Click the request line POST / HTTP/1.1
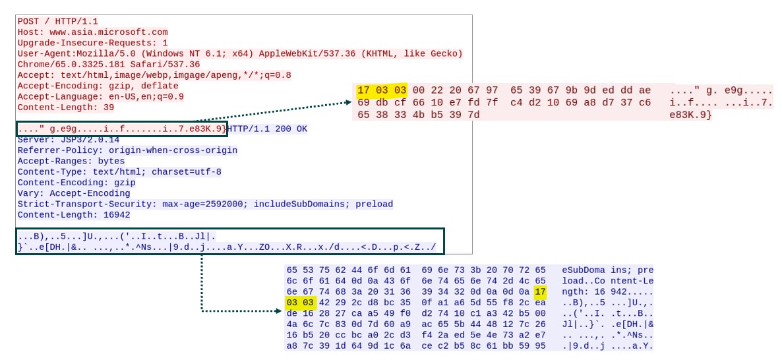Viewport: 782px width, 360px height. pyautogui.click(x=57, y=21)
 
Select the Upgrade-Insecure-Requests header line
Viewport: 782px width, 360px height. pyautogui.click(x=92, y=43)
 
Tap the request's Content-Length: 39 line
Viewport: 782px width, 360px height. pyautogui.click(x=66, y=107)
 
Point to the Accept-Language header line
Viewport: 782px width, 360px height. pyautogui.click(x=100, y=96)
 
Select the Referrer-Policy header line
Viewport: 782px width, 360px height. pyautogui.click(x=127, y=150)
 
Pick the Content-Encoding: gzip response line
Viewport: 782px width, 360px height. pyautogui.click(x=76, y=183)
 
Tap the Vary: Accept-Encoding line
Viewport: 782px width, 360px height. pyautogui.click(x=74, y=193)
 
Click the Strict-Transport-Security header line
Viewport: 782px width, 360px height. pyautogui.click(x=205, y=204)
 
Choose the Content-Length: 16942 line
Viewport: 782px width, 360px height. pyautogui.click(x=74, y=215)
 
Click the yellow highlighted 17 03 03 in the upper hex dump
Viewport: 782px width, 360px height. pyautogui.click(x=382, y=90)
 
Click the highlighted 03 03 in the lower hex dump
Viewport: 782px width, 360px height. pyautogui.click(x=301, y=303)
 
